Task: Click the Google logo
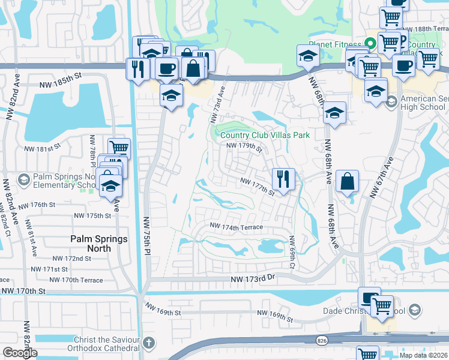[20, 353]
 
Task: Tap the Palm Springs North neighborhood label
[99, 244]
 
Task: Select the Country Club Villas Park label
[265, 135]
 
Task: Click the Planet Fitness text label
[336, 44]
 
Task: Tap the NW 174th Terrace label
[236, 227]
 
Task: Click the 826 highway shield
[322, 340]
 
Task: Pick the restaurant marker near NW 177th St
[283, 178]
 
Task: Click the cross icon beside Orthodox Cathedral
[149, 343]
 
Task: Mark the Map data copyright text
[423, 355]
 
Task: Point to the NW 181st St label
[43, 148]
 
